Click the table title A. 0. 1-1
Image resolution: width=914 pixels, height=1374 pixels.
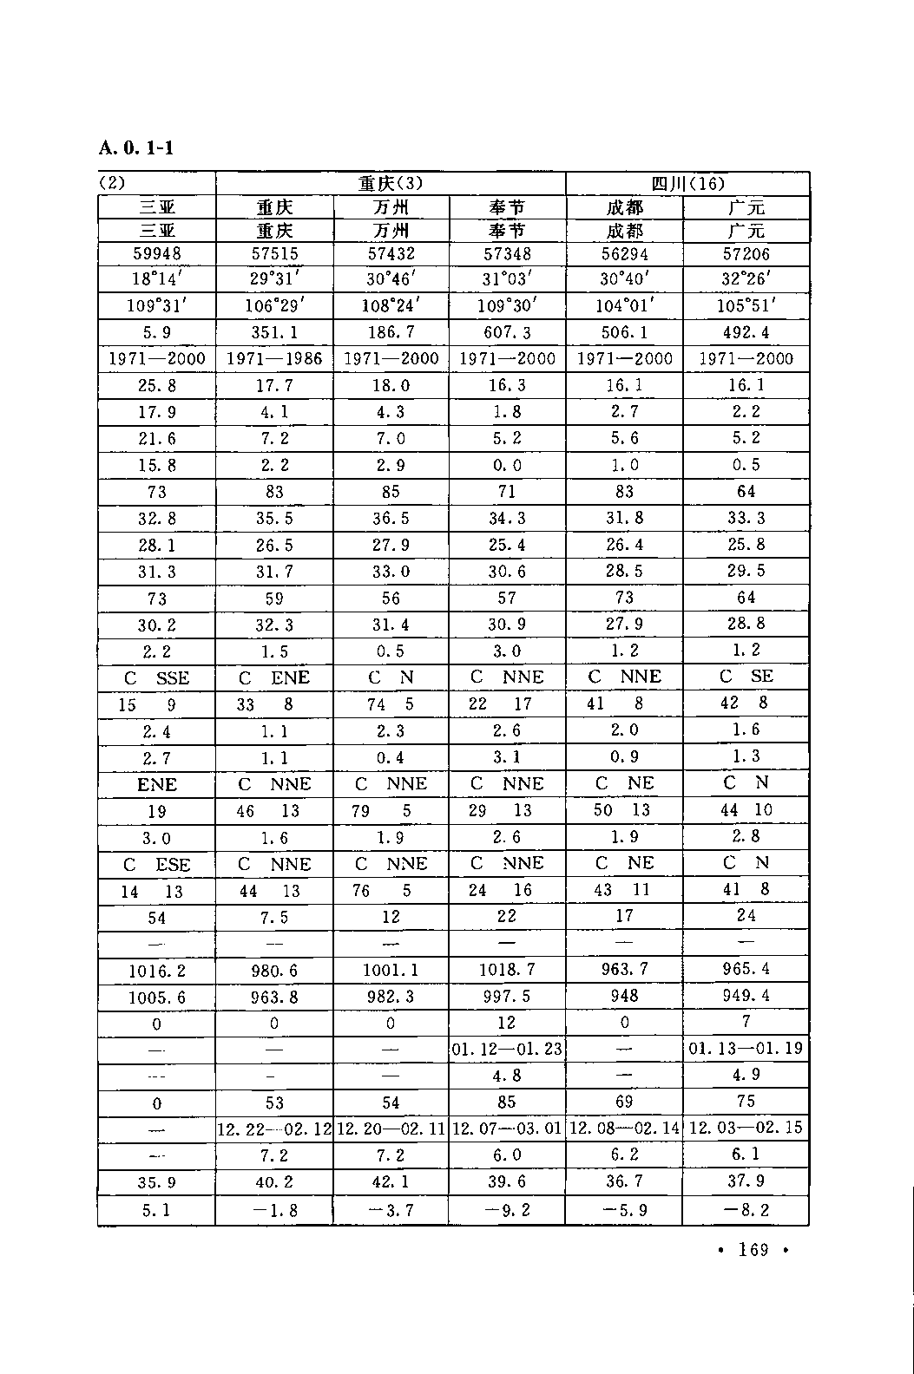136,147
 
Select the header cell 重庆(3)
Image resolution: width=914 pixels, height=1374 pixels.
391,184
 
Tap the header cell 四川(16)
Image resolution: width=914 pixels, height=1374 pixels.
687,184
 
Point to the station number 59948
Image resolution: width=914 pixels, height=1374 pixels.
156,254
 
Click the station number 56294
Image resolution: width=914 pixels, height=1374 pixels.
624,254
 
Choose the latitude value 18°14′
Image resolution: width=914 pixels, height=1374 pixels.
156,279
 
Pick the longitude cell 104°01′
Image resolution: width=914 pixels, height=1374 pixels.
624,305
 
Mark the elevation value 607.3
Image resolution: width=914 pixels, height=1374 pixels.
507,332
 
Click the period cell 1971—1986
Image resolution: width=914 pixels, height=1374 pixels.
273,359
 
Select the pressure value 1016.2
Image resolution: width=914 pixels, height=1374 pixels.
156,971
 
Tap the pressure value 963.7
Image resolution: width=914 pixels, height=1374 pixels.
624,969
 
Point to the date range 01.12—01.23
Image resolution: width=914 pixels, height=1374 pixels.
507,1049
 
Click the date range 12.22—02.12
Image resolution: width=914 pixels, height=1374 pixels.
273,1129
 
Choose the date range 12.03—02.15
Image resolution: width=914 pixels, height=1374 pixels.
746,1128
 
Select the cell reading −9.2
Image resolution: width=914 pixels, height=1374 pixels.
507,1210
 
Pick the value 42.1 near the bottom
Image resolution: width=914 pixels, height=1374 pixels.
391,1181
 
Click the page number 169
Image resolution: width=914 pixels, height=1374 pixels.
753,1250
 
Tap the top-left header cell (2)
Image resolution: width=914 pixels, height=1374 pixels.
113,184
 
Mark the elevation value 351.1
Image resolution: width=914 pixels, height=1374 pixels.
273,332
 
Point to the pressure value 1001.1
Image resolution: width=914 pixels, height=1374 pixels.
391,971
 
